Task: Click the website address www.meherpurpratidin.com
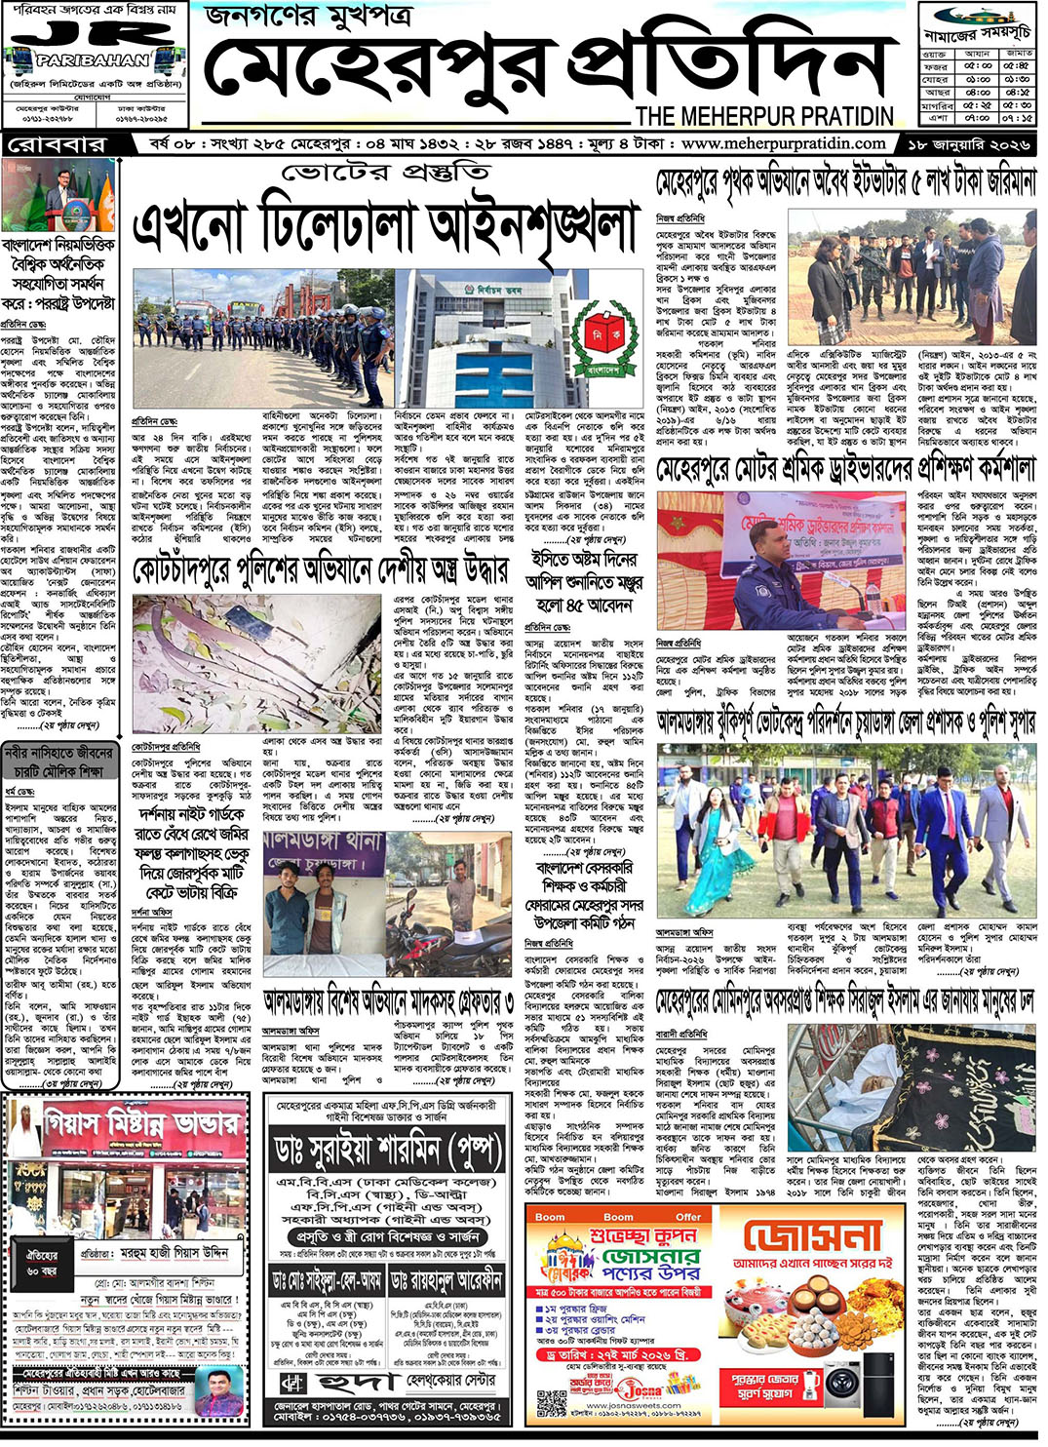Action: (x=783, y=144)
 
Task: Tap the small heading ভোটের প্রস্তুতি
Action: (x=385, y=174)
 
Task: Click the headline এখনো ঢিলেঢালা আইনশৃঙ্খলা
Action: (x=384, y=226)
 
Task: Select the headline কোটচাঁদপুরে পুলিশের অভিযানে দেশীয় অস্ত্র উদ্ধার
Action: (x=320, y=570)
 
